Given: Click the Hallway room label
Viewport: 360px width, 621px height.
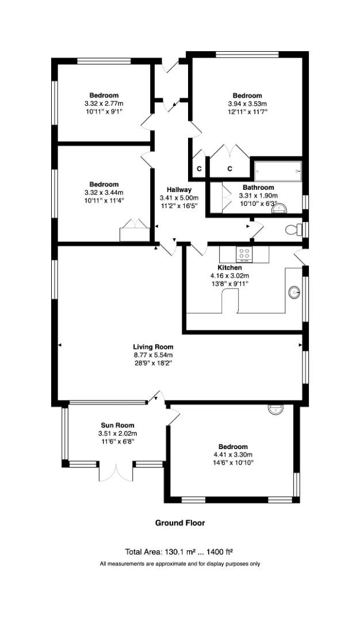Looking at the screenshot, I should (x=179, y=190).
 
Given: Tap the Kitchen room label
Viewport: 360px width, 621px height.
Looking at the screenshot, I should (x=229, y=267).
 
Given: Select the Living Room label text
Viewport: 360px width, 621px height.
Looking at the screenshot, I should (x=153, y=347).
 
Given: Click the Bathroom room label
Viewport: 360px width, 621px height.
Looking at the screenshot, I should (x=258, y=187).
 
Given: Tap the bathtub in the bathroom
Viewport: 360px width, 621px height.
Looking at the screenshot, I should (x=277, y=170).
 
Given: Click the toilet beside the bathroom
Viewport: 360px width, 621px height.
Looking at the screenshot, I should (x=295, y=230).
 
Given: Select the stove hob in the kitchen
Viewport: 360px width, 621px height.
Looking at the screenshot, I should (x=244, y=254).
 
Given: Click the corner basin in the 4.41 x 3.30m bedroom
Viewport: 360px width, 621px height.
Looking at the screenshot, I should (x=275, y=410).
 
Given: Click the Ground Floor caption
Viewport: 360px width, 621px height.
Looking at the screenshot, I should (x=180, y=523).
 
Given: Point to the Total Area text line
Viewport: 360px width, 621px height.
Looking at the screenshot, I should (x=179, y=550).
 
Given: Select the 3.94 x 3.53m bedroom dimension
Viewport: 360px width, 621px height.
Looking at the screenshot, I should (x=247, y=103).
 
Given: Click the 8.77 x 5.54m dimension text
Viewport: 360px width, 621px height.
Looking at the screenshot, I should (x=153, y=355).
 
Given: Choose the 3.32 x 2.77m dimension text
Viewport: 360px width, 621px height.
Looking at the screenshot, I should (x=104, y=103).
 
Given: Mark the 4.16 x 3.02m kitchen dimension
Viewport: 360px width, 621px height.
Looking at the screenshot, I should (x=229, y=275).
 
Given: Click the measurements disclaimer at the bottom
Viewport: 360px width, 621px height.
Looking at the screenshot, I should (x=180, y=564).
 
